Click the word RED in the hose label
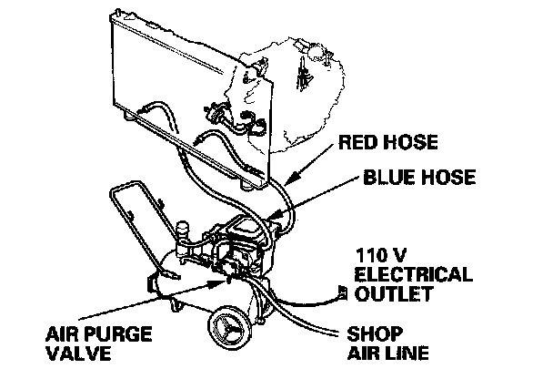click(x=357, y=143)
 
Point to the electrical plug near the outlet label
click(x=342, y=292)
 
